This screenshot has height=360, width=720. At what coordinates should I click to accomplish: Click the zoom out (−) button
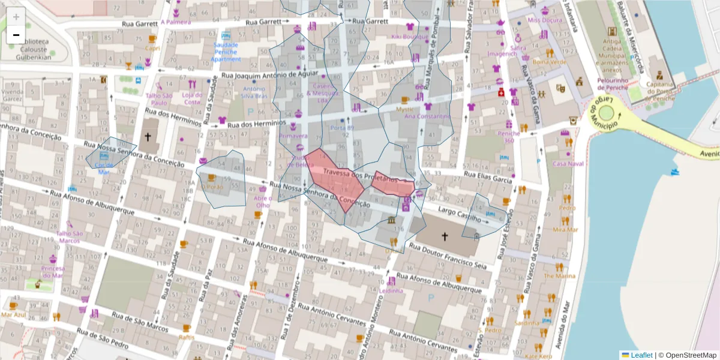coord(16,35)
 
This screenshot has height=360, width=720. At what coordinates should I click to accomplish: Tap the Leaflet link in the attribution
coord(641,355)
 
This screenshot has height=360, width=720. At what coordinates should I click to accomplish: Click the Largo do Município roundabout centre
coord(607,113)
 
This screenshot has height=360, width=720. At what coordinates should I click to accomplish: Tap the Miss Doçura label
coord(545,20)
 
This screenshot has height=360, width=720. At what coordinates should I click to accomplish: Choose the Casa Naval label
coord(568,163)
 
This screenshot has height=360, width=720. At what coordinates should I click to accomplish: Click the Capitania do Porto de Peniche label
coord(659,88)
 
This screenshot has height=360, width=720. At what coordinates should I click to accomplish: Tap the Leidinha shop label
coord(391,291)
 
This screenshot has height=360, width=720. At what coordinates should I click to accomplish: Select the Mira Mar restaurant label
coord(565,229)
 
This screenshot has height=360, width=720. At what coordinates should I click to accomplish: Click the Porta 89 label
coord(342,128)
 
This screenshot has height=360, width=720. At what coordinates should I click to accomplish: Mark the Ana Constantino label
coord(427,116)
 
